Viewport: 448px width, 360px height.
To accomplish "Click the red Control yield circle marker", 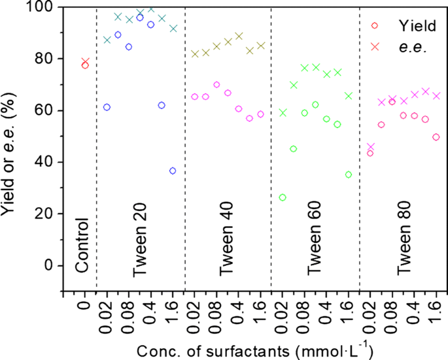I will [x=85, y=65].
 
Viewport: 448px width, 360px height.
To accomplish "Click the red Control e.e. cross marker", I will [x=85, y=61].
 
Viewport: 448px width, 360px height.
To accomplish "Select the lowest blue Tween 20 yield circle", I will [x=173, y=171].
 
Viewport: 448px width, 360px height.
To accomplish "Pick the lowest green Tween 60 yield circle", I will [x=283, y=197].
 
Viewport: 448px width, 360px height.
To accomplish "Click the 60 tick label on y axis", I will [x=46, y=110].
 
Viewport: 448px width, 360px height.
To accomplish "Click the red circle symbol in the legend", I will [x=375, y=27].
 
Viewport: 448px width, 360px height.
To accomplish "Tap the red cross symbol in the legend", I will [x=375, y=46].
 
